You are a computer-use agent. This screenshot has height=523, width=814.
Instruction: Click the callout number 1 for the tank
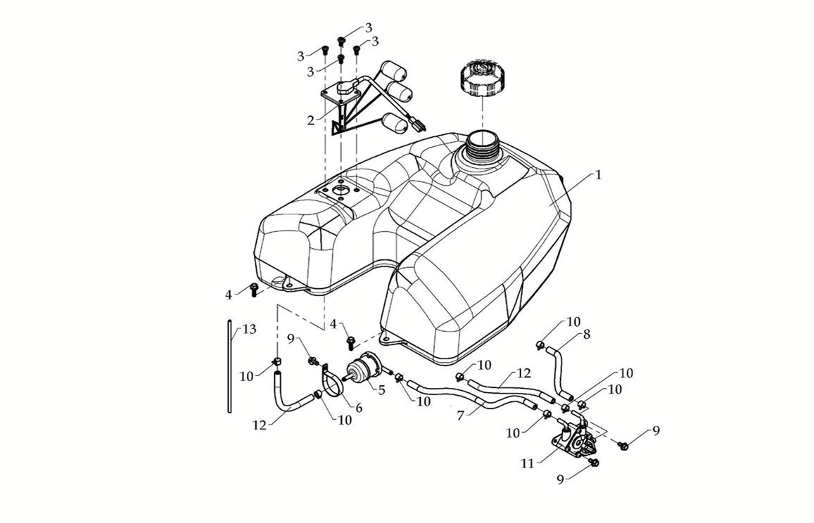[x=598, y=175]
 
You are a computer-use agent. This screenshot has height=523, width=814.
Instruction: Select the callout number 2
[x=310, y=120]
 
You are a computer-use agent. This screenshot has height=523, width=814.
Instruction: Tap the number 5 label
[x=381, y=390]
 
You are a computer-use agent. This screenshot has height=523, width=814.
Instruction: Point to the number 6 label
[x=358, y=408]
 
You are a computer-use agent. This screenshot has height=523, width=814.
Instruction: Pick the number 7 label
[x=461, y=416]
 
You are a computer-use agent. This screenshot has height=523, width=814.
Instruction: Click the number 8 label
[x=586, y=335]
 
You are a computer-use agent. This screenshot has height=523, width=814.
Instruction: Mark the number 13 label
[x=249, y=329]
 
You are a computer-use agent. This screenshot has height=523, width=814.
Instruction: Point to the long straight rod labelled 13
[x=229, y=366]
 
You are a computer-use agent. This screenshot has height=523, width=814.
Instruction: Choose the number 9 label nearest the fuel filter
[x=291, y=339]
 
